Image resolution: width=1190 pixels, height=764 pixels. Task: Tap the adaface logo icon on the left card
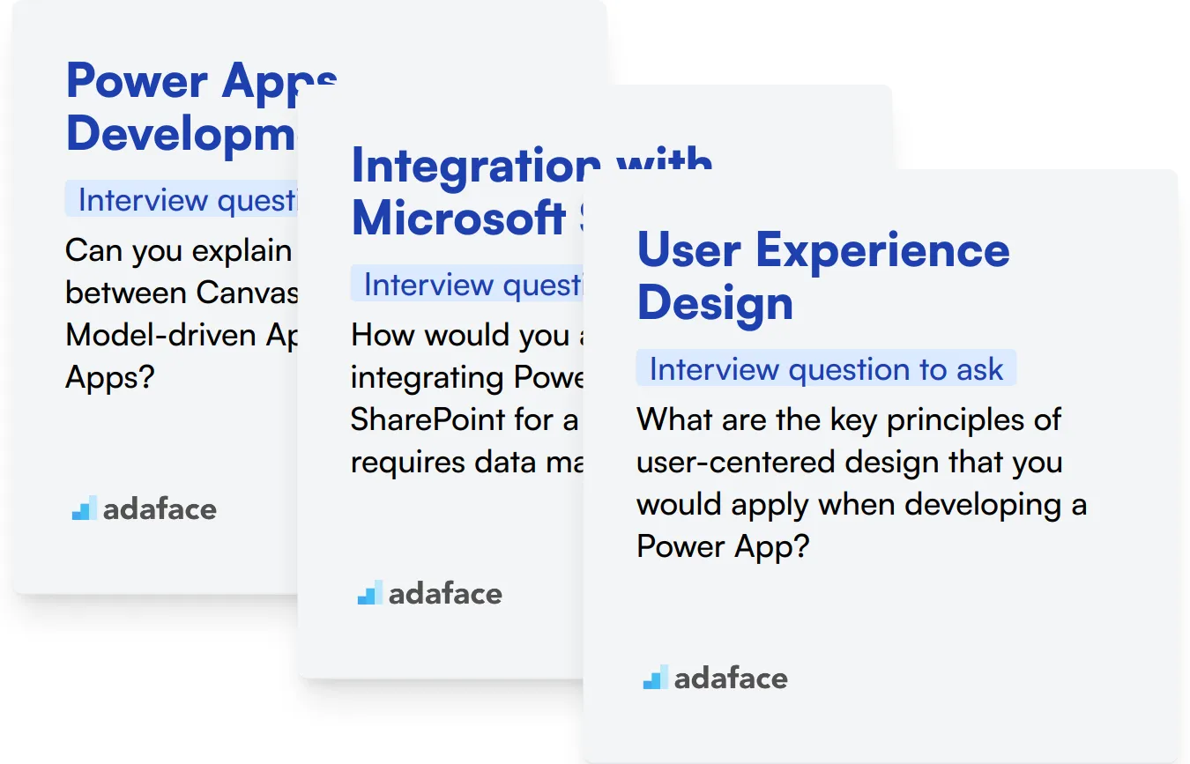84,508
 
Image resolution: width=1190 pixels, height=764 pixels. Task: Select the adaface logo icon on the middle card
369,593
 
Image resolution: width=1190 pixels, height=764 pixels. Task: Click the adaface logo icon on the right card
655,678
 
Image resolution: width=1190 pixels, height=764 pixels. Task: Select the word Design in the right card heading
715,303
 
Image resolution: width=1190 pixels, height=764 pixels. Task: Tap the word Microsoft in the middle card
458,218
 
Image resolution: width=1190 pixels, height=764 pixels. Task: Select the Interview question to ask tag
826,368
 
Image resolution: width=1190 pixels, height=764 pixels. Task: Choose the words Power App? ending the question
722,546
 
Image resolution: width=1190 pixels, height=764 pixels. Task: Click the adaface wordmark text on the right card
731,678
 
